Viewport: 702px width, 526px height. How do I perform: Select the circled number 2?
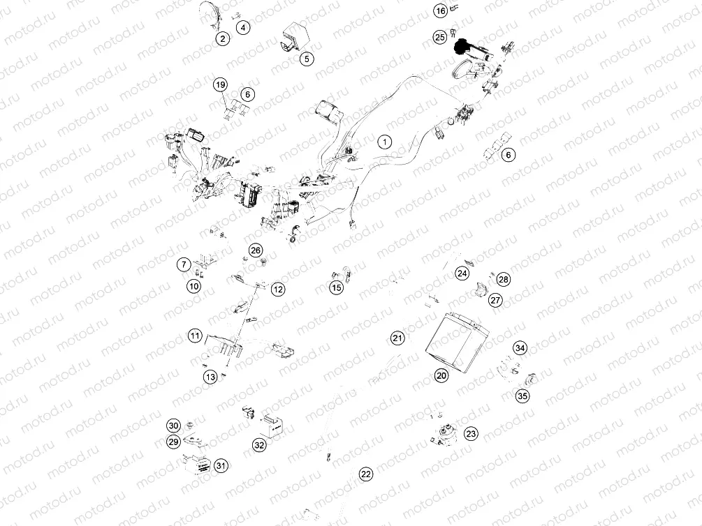pos(222,38)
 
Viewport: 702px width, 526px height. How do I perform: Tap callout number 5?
pos(307,59)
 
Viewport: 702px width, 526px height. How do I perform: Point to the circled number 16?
pos(440,11)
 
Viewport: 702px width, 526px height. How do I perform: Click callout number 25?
pos(439,36)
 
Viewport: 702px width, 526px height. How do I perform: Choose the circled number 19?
pos(221,85)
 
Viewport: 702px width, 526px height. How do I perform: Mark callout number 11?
pos(195,336)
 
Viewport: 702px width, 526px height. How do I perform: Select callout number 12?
pos(278,289)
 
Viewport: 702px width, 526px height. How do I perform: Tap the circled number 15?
pos(337,287)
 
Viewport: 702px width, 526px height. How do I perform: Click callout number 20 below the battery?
pos(441,375)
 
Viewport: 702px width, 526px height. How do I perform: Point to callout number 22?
pos(366,474)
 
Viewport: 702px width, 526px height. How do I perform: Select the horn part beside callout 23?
pos(444,434)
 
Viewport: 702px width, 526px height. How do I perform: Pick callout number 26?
pos(256,250)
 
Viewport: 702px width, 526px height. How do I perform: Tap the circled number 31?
pos(221,465)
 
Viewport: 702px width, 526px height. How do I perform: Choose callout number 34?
pos(520,347)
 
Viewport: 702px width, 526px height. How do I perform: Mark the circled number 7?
pos(183,264)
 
